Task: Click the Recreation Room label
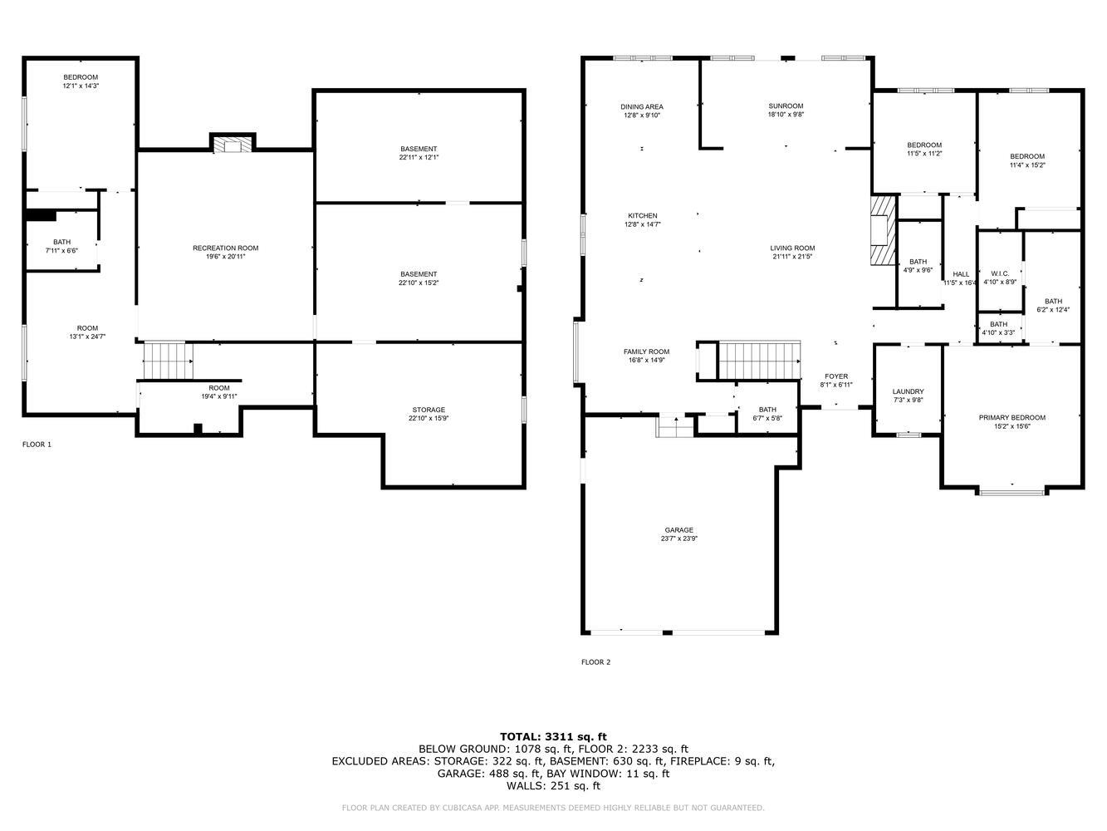[x=225, y=248]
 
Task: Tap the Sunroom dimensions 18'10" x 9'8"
[x=786, y=115]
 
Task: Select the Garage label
[x=678, y=530]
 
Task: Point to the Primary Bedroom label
[x=1012, y=417]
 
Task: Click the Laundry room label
[x=909, y=391]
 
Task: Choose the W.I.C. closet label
[x=1000, y=273]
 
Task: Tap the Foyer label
[x=836, y=376]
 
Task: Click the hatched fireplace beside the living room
[x=883, y=230]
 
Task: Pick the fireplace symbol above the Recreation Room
[x=233, y=143]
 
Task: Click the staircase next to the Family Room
[x=759, y=361]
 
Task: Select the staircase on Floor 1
[x=168, y=361]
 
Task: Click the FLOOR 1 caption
[x=37, y=445]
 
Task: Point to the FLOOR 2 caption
[x=595, y=662]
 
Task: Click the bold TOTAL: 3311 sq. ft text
[x=553, y=736]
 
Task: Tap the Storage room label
[x=429, y=410]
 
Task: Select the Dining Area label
[x=642, y=107]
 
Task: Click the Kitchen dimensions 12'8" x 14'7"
[x=643, y=224]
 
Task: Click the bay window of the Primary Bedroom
[x=1011, y=491]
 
